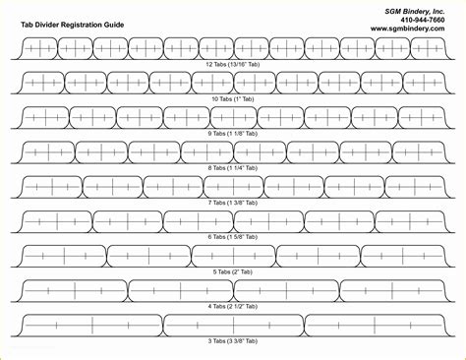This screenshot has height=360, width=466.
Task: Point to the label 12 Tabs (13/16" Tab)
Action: pos(232,62)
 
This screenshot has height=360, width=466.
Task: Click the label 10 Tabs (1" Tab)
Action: pos(232,97)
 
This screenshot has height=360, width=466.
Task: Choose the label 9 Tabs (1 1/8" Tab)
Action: pos(232,133)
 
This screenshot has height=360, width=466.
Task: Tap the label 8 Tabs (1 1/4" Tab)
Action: pos(232,166)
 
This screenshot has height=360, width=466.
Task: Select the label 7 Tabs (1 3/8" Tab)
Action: pos(232,202)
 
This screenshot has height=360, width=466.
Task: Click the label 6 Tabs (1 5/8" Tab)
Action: pos(232,237)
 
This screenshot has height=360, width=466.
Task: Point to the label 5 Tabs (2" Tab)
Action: pos(232,271)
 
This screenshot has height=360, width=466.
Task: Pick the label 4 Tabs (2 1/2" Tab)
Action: pos(232,306)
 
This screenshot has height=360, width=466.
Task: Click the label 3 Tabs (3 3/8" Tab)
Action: pos(232,340)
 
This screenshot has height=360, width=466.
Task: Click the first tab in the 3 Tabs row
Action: pos(89,322)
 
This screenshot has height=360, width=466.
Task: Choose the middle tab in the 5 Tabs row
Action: pos(232,253)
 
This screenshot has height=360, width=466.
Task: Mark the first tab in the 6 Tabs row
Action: pos(55,217)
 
